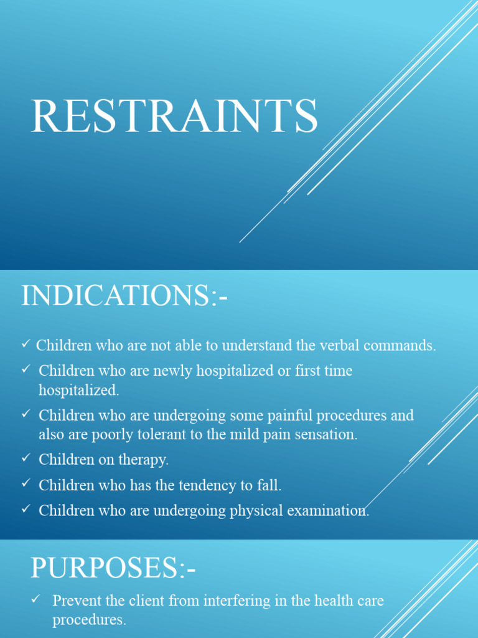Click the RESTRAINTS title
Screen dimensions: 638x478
[x=174, y=116]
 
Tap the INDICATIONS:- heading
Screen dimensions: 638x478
[x=124, y=295]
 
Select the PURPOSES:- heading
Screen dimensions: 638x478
[x=113, y=568]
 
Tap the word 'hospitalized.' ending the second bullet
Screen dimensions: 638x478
[x=78, y=391]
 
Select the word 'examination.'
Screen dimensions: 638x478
[x=327, y=510]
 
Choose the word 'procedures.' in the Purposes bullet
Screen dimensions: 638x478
[x=89, y=621]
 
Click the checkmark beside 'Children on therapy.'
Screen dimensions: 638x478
[x=26, y=458]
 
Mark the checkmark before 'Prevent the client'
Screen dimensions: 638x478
[x=36, y=599]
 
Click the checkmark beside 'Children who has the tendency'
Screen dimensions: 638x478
[x=26, y=483]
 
